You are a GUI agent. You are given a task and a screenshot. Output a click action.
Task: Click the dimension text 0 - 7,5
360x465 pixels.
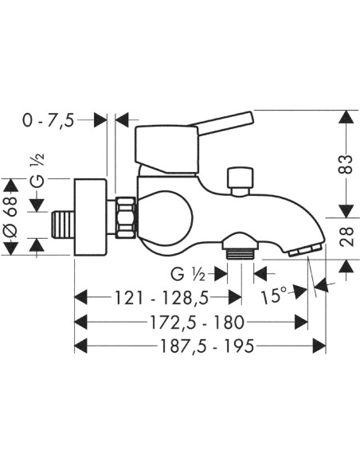(x=48, y=121)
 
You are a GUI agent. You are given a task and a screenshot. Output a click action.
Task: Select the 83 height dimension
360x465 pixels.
(x=346, y=164)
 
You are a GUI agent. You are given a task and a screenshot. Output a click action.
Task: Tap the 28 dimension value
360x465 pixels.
(x=346, y=236)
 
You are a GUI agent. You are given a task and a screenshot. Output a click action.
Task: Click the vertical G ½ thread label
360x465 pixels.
(x=37, y=170)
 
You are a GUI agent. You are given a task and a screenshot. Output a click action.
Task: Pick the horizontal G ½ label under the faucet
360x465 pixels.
(x=188, y=275)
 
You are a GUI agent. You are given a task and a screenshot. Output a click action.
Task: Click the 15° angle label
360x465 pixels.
(x=274, y=295)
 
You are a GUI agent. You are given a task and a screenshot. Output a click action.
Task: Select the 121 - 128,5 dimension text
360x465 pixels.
(x=162, y=298)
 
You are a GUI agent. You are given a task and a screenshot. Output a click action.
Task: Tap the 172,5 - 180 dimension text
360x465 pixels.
(x=198, y=322)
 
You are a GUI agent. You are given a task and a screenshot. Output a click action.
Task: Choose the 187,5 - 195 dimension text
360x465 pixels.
(x=207, y=346)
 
